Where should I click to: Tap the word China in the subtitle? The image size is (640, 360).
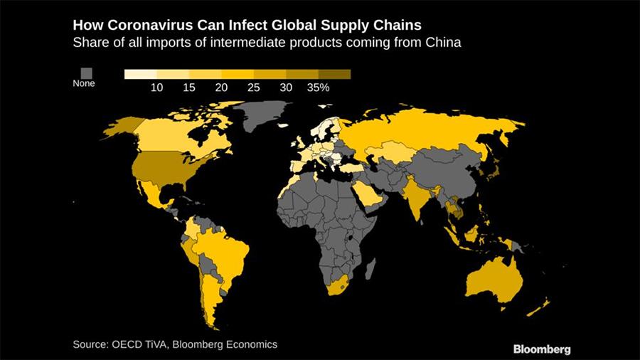(444, 43)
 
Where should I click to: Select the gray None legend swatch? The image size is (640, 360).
(86, 73)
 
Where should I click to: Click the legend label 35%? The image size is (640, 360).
(318, 88)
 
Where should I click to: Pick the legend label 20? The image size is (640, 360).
(221, 88)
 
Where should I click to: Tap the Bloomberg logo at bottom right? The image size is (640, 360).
(542, 349)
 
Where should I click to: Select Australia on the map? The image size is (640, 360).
(498, 282)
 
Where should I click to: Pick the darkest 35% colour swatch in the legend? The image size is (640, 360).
(334, 73)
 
